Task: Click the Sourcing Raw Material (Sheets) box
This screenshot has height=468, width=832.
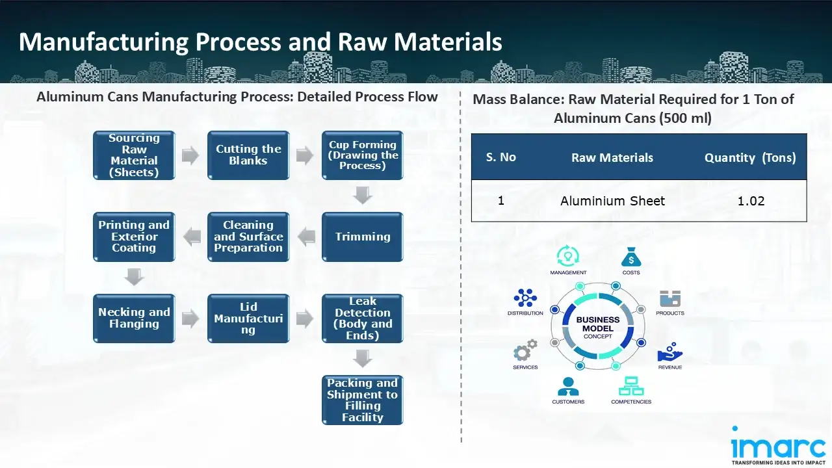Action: pos(134,156)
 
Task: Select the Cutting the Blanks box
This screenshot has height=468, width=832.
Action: pos(248,156)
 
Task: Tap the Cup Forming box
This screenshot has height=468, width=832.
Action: pos(363,156)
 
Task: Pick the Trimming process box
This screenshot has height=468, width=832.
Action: pos(363,237)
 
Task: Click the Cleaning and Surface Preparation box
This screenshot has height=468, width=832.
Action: pos(248,237)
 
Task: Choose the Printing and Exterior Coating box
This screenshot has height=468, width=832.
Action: pos(134,237)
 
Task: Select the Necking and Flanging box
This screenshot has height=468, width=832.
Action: pos(134,318)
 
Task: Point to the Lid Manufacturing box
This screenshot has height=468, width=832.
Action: pos(248,318)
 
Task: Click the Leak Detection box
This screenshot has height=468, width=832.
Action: pos(363,318)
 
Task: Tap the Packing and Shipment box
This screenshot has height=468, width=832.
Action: pos(363,400)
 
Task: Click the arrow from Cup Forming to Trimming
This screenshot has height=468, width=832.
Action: pos(363,196)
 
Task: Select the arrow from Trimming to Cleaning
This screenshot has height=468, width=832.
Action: pos(305,237)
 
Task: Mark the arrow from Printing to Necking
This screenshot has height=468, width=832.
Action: pos(134,278)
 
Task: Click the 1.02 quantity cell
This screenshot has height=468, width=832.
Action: pos(751,201)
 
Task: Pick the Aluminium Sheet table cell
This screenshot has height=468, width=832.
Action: pos(612,201)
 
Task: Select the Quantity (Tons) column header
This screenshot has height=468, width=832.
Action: pos(750,157)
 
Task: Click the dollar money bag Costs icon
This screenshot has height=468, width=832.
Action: pos(631,257)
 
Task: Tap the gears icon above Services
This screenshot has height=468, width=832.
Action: pos(525,351)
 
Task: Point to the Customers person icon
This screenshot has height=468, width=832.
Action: pos(568,386)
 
